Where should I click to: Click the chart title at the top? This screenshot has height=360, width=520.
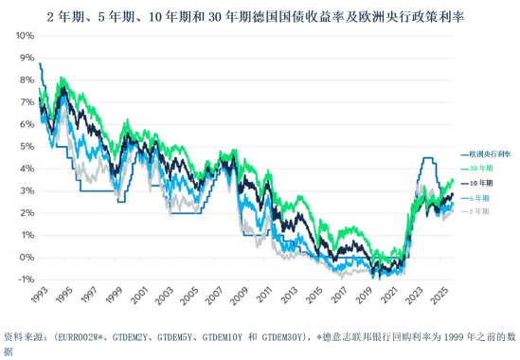click(260, 17)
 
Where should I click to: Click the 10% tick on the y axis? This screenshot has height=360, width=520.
click(23, 36)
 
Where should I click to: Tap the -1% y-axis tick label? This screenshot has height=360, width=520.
click(25, 279)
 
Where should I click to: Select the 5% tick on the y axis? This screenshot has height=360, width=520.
click(26, 147)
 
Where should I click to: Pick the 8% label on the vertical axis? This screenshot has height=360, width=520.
click(26, 81)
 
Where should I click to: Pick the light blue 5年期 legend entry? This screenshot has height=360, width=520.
click(480, 197)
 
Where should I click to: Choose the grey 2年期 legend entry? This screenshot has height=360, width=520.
click(480, 211)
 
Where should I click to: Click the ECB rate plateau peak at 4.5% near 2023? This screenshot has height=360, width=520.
click(428, 158)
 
